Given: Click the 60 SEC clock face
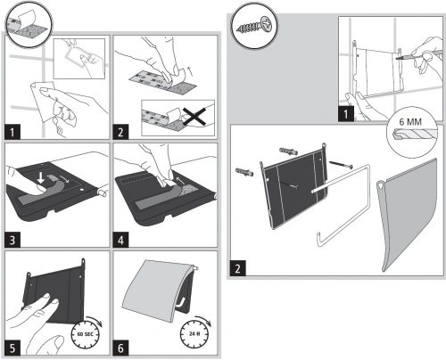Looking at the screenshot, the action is coord(86,334).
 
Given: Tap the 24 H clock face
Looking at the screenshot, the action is coord(194,334).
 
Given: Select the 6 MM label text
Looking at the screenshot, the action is coord(410,122).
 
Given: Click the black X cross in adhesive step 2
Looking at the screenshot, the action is coord(194,116).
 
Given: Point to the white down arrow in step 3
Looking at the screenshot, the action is coord(41,178).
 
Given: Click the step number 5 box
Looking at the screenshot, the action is coord(12,348).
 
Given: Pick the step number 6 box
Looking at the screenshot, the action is coord(120,348).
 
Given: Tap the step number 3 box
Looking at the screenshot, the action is coord(12,240).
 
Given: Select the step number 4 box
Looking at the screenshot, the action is coord(120,240).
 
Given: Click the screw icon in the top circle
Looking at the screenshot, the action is coord(254,26).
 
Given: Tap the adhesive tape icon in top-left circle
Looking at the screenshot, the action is coord(29,24).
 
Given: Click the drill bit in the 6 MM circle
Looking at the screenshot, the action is coord(413,134).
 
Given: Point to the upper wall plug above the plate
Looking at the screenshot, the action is coord(288,151).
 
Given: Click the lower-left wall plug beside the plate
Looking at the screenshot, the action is coord(244,172).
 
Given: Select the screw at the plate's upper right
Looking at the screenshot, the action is coord(341,164).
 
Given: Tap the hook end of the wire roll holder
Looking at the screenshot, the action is coord(318,239).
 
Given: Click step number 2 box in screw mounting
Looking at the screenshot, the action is coord(237,268).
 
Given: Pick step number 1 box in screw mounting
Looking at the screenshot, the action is coord(346,114).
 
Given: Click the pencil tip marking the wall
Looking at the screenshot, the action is coord(397,59).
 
